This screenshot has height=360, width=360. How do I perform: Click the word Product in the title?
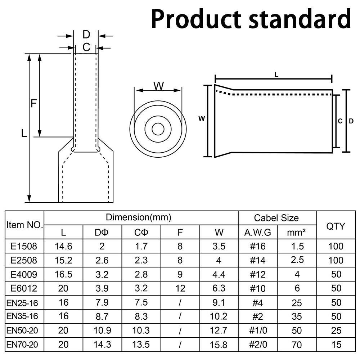pyautogui.click(x=196, y=19)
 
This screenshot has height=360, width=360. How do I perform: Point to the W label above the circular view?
pyautogui.click(x=158, y=86)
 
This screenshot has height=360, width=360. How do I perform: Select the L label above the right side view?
pyautogui.click(x=276, y=75)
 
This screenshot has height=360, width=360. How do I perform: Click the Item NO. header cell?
pyautogui.click(x=24, y=225)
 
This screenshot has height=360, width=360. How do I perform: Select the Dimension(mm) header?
pyautogui.click(x=139, y=217)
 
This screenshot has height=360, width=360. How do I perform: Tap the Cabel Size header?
pyautogui.click(x=276, y=218)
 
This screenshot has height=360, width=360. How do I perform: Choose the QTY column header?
pyautogui.click(x=336, y=226)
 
